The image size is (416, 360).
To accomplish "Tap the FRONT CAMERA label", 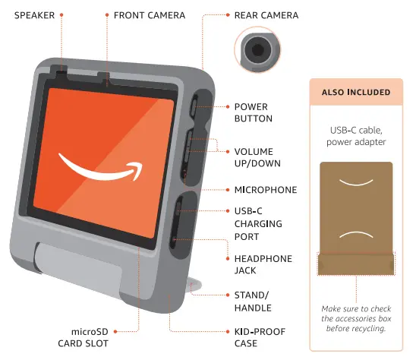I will [x=149, y=15].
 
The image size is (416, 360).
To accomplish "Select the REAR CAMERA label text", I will [x=266, y=15].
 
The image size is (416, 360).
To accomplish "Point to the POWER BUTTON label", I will [x=253, y=113].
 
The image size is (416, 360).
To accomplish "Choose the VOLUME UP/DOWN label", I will [x=254, y=157].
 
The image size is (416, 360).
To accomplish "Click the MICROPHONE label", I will [x=266, y=190].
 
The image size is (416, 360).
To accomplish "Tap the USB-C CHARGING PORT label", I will [x=258, y=223].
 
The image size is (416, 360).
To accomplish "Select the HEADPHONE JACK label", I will [x=263, y=264].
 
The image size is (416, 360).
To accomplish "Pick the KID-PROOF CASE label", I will [x=258, y=338].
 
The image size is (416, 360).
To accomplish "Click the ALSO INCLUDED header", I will [x=356, y=93].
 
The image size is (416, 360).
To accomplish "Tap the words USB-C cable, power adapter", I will [x=356, y=135].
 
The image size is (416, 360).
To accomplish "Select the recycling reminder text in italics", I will [x=356, y=317].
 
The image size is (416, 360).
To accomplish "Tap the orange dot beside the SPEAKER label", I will [x=61, y=15].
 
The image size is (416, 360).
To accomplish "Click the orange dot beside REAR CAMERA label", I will [x=225, y=15].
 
